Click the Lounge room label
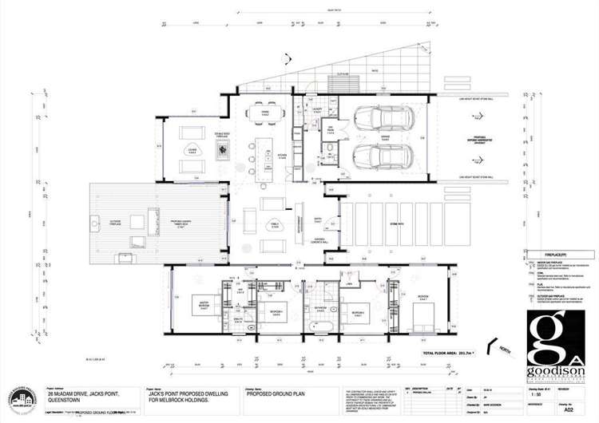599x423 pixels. tap(192, 149)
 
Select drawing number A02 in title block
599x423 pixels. tap(569, 415)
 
